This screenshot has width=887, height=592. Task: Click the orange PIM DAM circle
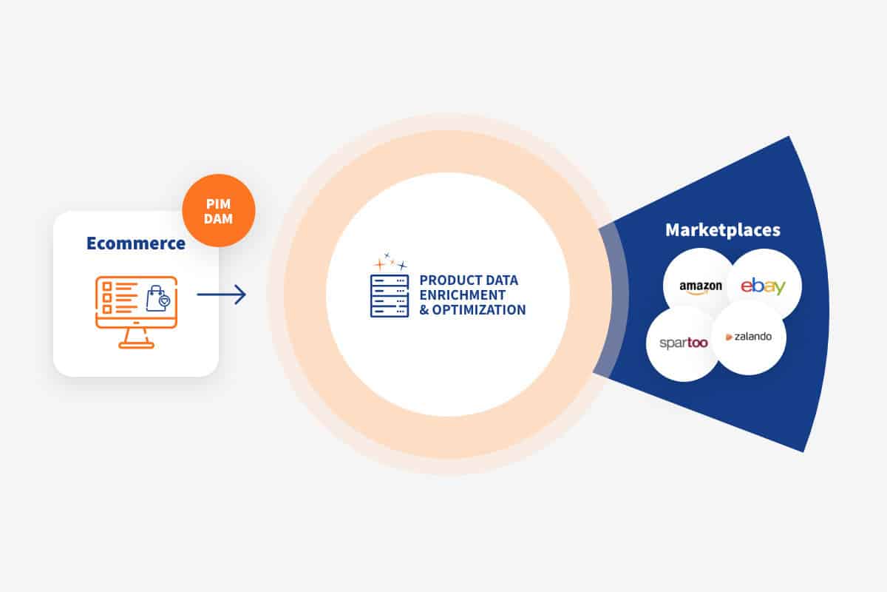219,211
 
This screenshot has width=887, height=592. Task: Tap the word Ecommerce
136,243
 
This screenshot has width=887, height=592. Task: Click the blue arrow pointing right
221,295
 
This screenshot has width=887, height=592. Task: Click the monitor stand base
136,346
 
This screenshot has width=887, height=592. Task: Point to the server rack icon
390,296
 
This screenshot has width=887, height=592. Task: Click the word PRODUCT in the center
444,280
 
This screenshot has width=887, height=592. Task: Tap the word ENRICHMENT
463,295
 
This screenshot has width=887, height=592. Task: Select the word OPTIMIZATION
479,309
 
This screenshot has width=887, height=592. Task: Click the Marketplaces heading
723,230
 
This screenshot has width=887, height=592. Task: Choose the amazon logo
701,287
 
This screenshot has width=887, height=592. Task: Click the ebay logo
763,286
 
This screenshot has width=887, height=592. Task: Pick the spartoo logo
684,343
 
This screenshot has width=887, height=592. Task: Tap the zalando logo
748,337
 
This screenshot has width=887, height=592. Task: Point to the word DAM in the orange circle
218,218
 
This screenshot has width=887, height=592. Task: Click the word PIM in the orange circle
218,203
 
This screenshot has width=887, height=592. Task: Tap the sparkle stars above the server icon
390,261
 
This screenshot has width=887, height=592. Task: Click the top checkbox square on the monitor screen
107,286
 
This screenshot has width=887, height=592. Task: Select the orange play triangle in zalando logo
729,337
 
